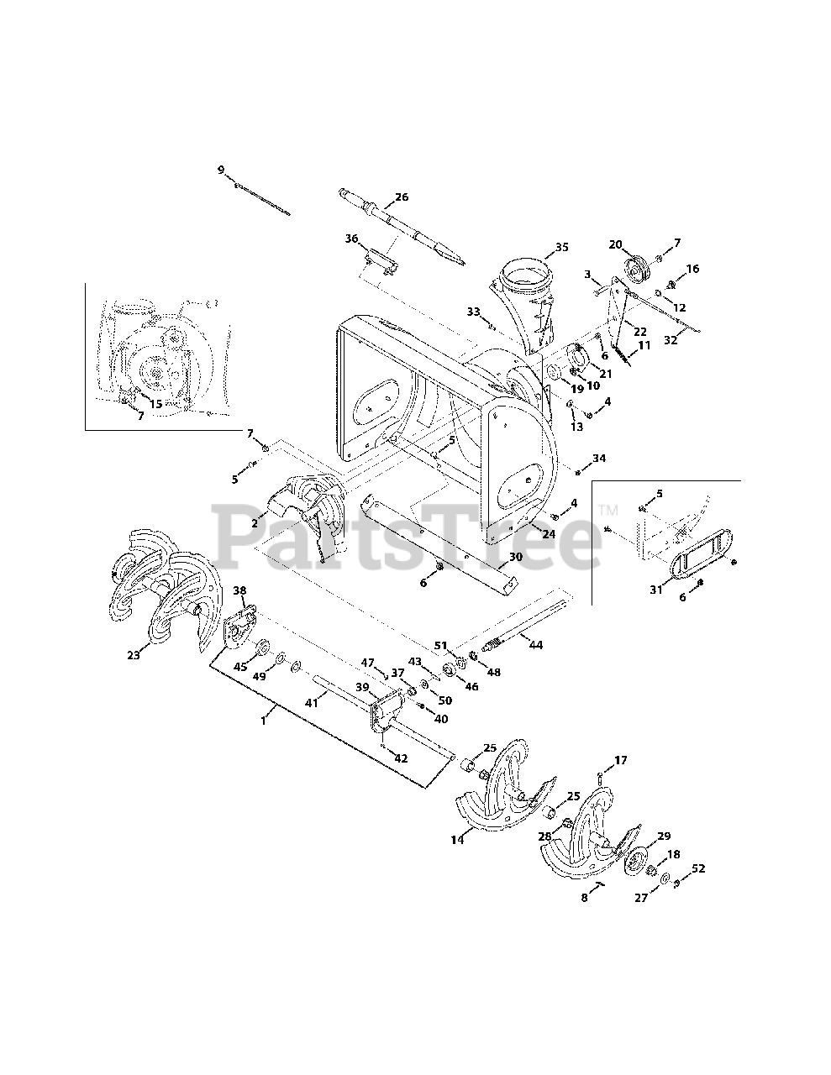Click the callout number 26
402,197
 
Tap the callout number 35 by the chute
562,247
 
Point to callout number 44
535,644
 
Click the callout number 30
515,556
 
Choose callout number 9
221,170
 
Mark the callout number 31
656,590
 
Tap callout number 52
697,868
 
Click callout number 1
265,721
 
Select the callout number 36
351,239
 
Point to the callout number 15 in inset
155,404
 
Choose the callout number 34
598,458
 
